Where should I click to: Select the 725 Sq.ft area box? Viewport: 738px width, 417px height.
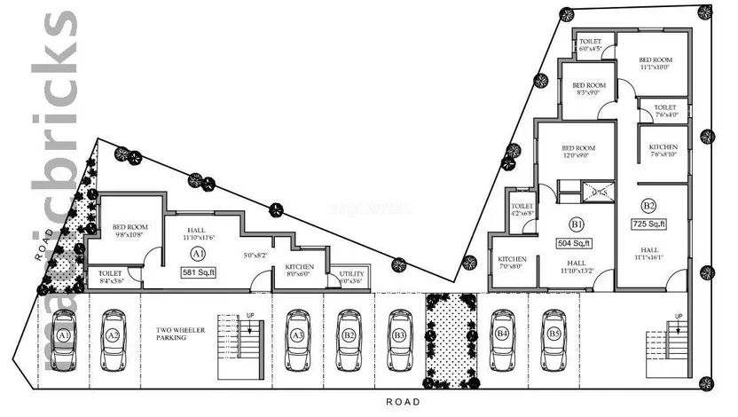[x=649, y=224]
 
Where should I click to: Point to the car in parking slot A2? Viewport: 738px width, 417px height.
[x=113, y=339]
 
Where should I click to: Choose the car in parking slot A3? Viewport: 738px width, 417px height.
[x=298, y=339]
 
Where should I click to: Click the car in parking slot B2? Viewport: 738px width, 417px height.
[x=349, y=339]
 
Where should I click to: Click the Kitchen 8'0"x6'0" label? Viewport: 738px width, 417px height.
[x=298, y=271]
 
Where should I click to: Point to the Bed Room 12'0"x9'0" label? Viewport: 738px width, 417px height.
[x=578, y=151]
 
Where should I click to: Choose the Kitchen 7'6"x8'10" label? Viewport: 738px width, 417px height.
[x=663, y=150]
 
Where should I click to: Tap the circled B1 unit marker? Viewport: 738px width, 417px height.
[x=577, y=224]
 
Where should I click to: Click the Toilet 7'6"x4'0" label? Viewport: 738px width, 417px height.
[x=667, y=109]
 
